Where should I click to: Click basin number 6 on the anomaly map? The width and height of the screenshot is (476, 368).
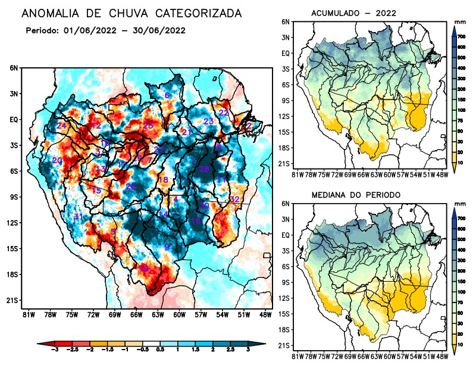[167, 95]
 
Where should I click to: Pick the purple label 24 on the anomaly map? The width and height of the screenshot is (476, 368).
[61, 126]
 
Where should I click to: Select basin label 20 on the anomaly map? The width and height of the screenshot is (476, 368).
[57, 160]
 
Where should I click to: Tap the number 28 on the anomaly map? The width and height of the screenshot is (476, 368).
[204, 169]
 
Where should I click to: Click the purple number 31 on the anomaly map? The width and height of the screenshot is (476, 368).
[78, 216]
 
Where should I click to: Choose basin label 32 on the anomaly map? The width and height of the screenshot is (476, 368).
[234, 199]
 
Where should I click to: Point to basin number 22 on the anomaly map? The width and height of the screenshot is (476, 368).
[224, 113]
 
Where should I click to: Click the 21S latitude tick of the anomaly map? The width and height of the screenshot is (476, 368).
[12, 300]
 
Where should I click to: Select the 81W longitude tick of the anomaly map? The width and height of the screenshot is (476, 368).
[27, 314]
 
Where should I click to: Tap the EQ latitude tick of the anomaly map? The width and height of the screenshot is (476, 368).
[14, 120]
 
